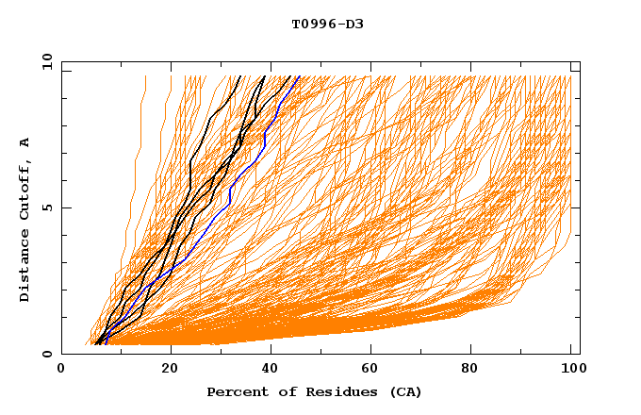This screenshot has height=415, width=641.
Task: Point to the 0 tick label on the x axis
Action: [61, 370]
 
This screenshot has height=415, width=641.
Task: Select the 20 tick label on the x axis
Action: [171, 370]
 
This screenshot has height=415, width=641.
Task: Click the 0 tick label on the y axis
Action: [46, 354]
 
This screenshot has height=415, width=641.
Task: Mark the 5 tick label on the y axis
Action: [46, 207]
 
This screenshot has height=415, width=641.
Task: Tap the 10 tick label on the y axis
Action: [43, 61]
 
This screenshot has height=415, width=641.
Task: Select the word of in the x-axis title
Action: [280, 391]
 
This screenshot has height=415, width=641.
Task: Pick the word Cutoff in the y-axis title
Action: [25, 189]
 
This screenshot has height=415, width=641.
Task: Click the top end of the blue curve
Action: [299, 76]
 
